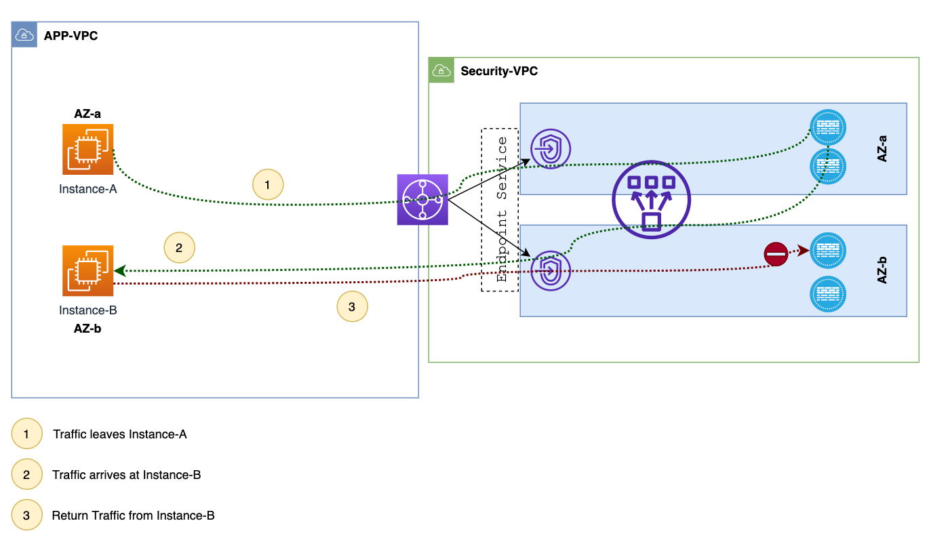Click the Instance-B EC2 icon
coord(88,270)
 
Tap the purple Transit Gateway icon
coord(422,200)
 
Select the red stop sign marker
coord(776,254)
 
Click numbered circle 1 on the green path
coord(267,184)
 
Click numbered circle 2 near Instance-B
coord(179,248)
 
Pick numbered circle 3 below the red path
coord(352,307)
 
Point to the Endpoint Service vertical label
coord(501,209)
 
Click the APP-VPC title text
coord(71,36)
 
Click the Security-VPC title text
coord(499,71)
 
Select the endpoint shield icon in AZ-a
coord(551,148)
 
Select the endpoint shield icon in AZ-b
coord(551,270)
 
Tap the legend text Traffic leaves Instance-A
coord(120,434)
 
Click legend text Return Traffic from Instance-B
coord(134,516)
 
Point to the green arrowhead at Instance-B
coord(119,271)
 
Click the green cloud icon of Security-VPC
coord(441,70)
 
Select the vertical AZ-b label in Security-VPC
coord(882,270)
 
